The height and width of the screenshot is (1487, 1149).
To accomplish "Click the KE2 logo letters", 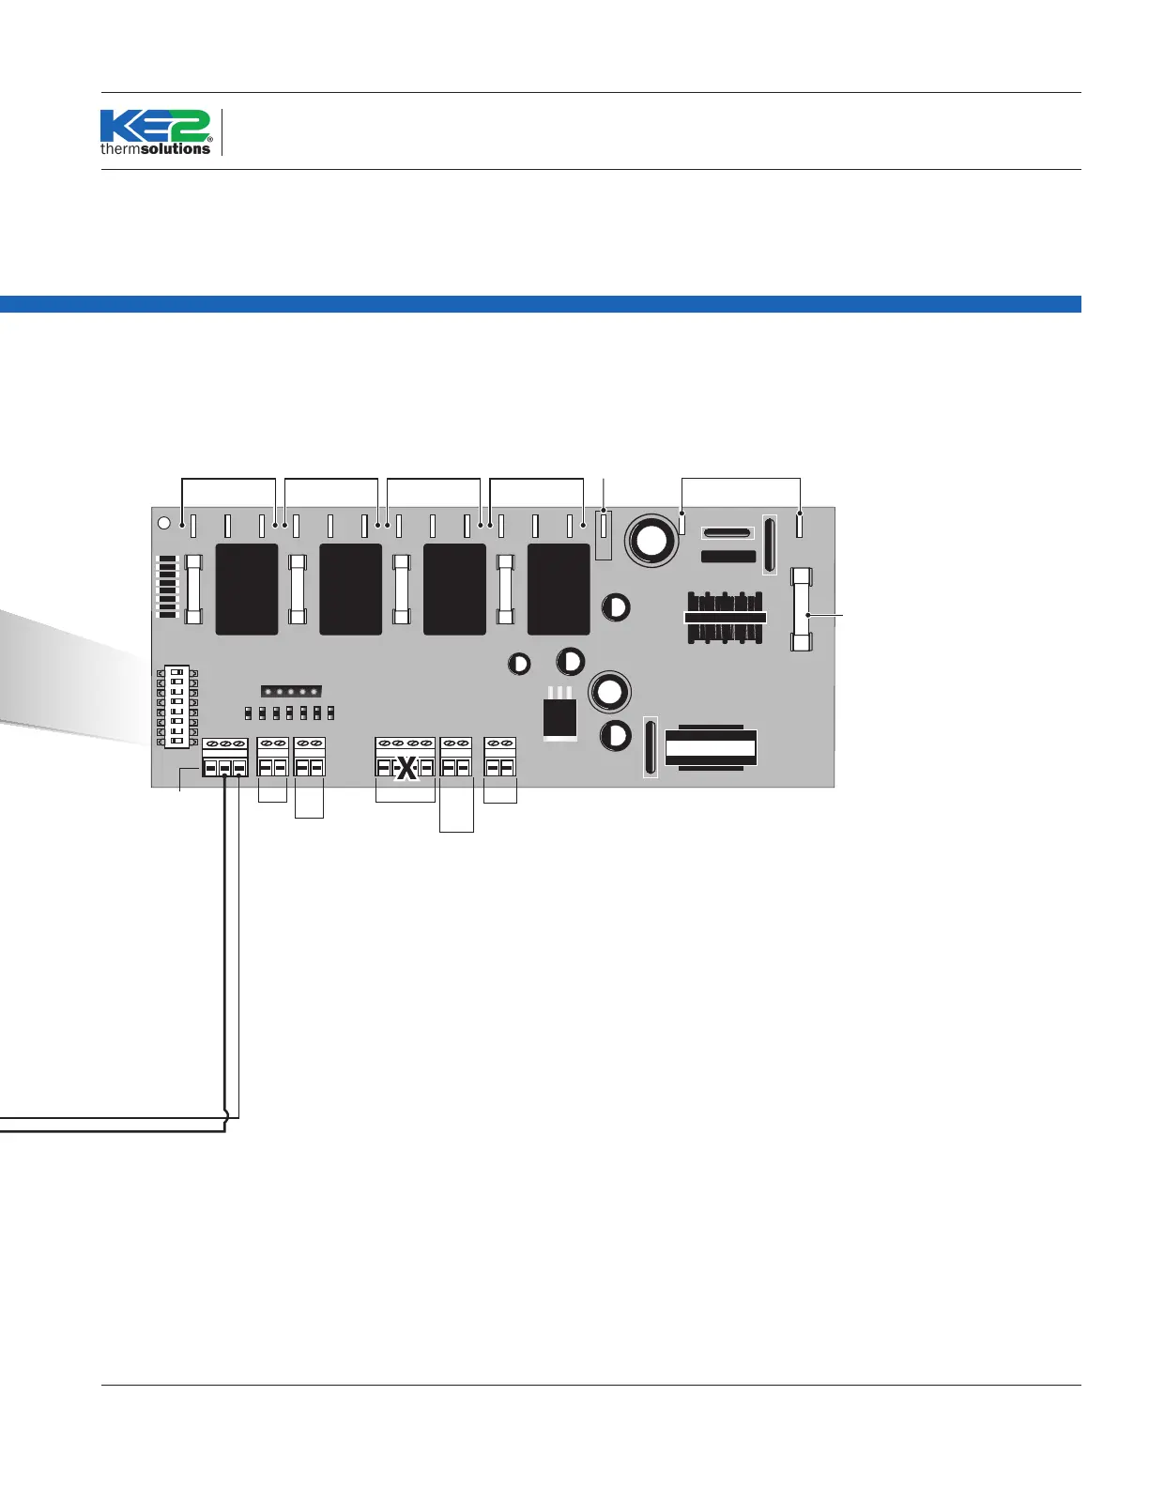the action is pos(155,126).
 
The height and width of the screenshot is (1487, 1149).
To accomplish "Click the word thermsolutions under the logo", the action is pos(156,148).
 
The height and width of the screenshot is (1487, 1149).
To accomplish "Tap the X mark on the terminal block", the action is pos(406,769).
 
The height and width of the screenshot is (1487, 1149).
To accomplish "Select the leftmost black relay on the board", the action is pos(247,589).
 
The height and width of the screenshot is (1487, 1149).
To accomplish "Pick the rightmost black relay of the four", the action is pos(559,589).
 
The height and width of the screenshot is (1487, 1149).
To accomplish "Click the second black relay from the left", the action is pos(350,589).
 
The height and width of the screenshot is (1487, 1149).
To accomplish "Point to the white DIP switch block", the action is pos(176,707).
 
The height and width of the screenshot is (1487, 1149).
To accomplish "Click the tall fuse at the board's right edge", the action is pos(802,609).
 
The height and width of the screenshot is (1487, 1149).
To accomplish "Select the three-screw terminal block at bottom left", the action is pos(225,758).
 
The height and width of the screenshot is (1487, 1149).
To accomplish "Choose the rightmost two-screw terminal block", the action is pos(500,758).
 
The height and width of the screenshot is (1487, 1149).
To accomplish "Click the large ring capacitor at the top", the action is pos(652,540).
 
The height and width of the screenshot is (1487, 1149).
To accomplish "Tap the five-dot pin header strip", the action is pos(291,692).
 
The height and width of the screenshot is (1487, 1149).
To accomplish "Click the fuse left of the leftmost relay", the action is pos(194,589).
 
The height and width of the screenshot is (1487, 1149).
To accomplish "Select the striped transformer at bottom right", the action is pos(711,747).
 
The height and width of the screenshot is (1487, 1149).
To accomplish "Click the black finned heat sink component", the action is pos(725,617).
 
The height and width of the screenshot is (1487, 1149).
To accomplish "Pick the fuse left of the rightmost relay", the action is pos(505,589).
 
